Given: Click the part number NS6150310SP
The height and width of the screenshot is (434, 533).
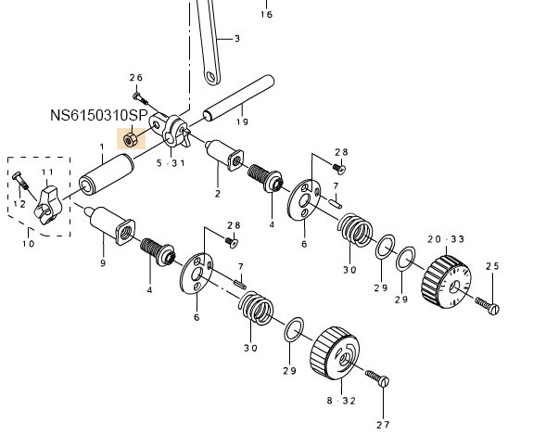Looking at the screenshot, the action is (x=99, y=116).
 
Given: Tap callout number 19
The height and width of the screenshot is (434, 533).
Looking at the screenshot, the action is (x=242, y=121).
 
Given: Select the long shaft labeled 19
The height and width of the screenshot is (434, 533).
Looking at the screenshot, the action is (x=238, y=97).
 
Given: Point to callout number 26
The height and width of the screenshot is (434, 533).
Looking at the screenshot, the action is (x=136, y=78).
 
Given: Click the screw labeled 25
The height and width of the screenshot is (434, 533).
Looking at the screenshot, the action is (x=487, y=305).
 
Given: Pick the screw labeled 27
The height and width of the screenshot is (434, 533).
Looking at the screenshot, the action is (x=377, y=378).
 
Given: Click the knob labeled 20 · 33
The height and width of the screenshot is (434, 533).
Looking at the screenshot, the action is (x=446, y=282).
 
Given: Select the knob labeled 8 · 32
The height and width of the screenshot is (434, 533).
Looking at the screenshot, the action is (x=335, y=353).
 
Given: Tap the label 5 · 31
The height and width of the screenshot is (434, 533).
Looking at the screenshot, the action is (x=171, y=163).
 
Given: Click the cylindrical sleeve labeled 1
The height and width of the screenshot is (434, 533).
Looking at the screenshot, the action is (x=107, y=174).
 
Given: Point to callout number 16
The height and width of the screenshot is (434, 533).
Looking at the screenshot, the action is (x=267, y=14).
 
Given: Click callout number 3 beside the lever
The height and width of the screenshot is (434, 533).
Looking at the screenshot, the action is (x=237, y=38).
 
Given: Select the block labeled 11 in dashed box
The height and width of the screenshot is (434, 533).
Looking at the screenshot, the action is (x=48, y=205).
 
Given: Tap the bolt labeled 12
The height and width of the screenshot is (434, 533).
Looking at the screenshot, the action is (x=20, y=181).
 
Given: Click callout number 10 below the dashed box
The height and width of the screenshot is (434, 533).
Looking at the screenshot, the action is (x=29, y=244).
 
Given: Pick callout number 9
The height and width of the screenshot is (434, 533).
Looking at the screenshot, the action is (x=103, y=263).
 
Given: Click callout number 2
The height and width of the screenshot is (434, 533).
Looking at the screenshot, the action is (x=218, y=194).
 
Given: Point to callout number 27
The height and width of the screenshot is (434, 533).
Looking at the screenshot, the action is (x=383, y=425).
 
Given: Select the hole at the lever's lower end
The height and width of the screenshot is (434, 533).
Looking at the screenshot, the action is (x=211, y=77).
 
